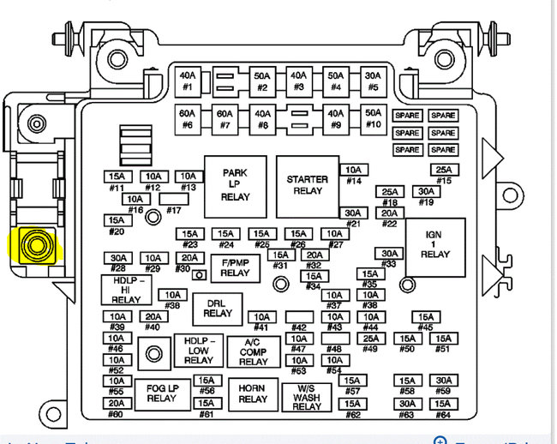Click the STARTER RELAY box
(307, 186)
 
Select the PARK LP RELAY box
(235, 184)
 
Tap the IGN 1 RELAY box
(434, 248)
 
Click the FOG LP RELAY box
(161, 393)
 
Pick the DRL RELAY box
(218, 308)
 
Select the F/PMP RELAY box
(235, 267)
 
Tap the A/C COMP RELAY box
(253, 351)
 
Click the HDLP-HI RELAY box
(126, 290)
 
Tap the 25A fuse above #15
(443, 170)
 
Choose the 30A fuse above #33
(389, 254)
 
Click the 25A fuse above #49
(370, 339)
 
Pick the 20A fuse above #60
(116, 403)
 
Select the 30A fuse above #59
(443, 381)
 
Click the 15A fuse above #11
(116, 177)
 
